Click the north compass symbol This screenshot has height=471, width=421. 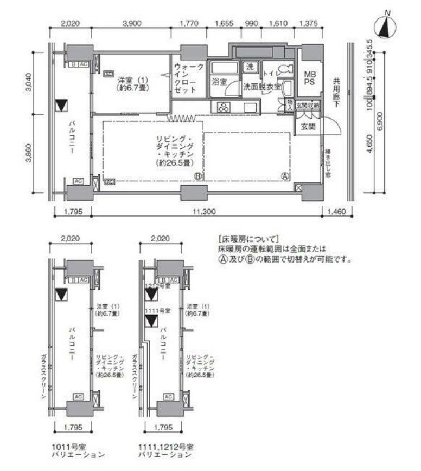[386, 27]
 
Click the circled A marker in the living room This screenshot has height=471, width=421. [284, 175]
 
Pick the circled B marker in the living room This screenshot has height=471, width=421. [198, 176]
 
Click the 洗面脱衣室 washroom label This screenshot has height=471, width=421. [261, 87]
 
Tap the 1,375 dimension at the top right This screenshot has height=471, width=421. [308, 23]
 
